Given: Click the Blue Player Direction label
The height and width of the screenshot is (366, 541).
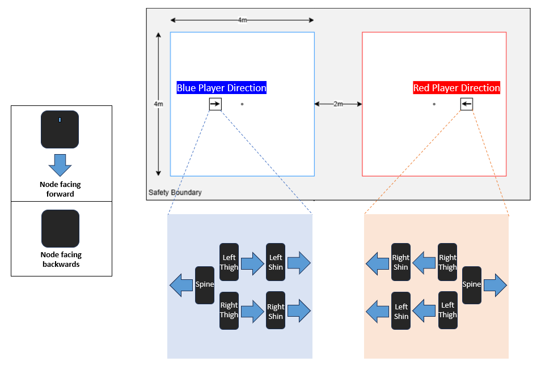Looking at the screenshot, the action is tap(222, 88).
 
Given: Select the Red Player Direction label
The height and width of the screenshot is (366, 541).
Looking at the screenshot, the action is tap(457, 88).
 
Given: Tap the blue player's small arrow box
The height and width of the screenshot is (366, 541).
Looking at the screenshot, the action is tap(215, 104).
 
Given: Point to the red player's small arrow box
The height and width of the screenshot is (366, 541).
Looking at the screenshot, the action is tap(467, 104).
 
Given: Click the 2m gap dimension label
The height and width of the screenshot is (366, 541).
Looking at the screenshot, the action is tap(338, 104).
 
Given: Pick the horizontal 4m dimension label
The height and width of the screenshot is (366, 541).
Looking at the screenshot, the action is tap(242, 20).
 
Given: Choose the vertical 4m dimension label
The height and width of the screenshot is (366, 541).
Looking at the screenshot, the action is tap(158, 104).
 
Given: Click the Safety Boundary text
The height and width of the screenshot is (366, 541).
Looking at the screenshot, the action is tap(175, 192).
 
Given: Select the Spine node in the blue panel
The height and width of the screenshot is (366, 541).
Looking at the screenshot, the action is tap(205, 285).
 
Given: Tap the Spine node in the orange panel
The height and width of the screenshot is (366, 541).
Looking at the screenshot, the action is tap(472, 285).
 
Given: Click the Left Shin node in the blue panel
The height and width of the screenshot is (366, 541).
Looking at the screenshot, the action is tap(276, 262).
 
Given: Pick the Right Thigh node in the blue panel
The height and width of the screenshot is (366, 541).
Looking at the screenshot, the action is tap(229, 310).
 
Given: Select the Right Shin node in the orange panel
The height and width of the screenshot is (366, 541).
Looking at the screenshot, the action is tap(401, 262).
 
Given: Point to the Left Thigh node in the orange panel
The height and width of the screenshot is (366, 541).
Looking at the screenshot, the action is tap(448, 310).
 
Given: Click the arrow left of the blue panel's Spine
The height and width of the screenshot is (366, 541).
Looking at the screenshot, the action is tap(181, 285).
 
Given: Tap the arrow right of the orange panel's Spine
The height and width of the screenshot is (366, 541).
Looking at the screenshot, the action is tap(495, 285).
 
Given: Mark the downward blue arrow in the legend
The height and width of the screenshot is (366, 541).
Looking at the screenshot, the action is tap(60, 165).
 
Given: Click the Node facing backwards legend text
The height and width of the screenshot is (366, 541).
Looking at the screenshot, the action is tap(61, 259).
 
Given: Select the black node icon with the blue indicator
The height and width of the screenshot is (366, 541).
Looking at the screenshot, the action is tap(60, 129).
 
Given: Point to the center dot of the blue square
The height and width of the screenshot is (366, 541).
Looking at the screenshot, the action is tap(242, 104).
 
